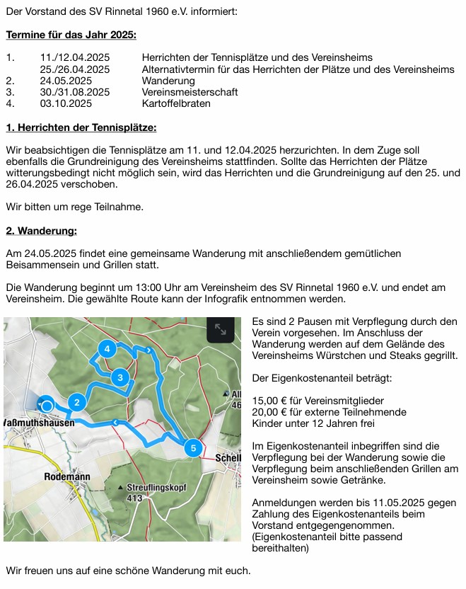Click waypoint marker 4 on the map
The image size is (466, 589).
(107, 349)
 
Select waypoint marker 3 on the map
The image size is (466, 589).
(121, 377)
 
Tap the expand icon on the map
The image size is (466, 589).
(220, 329)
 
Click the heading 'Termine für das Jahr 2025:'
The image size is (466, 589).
(71, 34)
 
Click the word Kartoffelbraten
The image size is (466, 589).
(176, 103)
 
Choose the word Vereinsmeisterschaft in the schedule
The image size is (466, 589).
(190, 92)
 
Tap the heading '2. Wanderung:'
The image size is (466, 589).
(41, 231)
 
